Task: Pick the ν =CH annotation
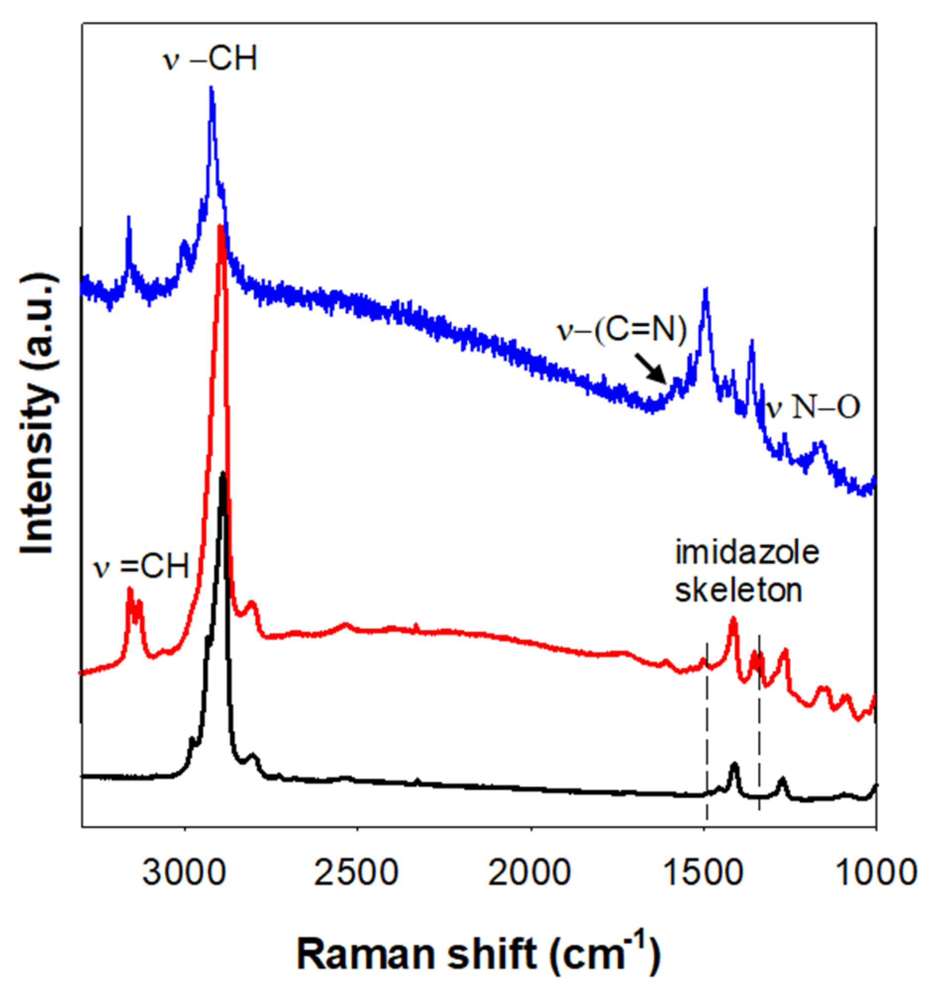tap(143, 566)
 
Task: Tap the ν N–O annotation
tap(812, 409)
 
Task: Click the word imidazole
tap(747, 552)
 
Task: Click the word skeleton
tap(738, 591)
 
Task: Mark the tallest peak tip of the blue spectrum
tap(211, 88)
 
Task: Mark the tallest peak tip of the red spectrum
tap(221, 227)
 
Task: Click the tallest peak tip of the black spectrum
tap(223, 474)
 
